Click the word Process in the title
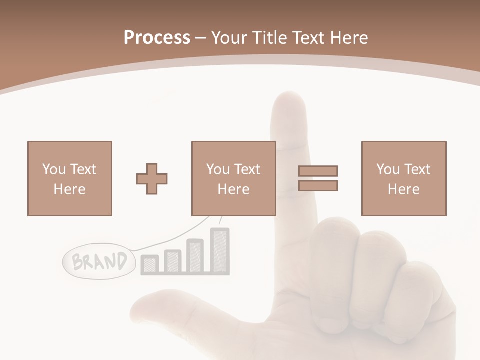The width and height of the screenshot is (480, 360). [157, 38]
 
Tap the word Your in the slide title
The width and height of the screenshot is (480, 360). [230, 38]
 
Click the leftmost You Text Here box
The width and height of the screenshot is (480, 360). [69, 179]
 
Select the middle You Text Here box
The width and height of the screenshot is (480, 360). [233, 179]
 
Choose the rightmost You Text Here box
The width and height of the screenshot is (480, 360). [403, 179]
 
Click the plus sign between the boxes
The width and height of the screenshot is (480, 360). [152, 179]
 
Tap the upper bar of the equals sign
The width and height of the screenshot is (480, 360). [318, 171]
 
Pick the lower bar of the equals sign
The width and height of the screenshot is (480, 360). [318, 186]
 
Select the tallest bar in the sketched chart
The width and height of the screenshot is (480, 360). [219, 251]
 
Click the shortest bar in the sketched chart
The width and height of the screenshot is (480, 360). [149, 265]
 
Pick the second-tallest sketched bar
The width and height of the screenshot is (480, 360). [195, 256]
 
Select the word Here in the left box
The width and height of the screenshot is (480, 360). [69, 189]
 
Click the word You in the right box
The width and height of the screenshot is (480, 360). [388, 169]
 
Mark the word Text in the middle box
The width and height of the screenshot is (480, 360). [247, 169]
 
